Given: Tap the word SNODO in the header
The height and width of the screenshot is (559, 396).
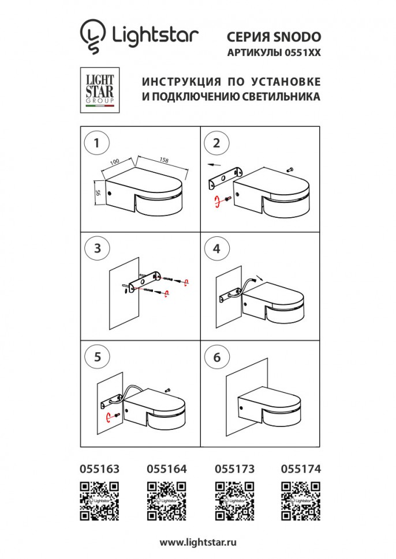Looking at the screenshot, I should coord(298,36).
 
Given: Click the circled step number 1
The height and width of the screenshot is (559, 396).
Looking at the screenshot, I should coord(97,143).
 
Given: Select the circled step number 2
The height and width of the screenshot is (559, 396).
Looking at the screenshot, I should coord(216,143).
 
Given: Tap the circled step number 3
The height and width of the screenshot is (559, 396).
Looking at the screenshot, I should coord(97,248).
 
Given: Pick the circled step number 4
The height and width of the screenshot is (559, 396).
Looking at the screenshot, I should coord(216,248).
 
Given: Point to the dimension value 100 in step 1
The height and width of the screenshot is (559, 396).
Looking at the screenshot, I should coord(114,164).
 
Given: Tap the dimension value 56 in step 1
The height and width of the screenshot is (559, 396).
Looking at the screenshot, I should coord(99,194).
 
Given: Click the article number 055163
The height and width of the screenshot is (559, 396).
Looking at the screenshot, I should coord(98,470).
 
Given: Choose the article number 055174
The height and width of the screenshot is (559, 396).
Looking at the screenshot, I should coord(300,470).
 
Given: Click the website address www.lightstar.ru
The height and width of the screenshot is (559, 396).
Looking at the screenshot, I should coord(198,543).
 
